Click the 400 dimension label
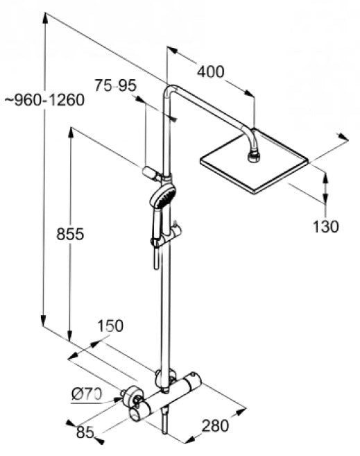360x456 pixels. pos(211,71)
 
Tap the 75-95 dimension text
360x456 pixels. pos(115,85)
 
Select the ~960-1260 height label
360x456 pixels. pos(44,100)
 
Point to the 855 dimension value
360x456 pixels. pos(70,234)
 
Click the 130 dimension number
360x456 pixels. pos(325,226)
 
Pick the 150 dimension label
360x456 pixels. pos(110,326)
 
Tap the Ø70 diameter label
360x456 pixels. pos(87,394)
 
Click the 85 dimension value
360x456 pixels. pos(85,432)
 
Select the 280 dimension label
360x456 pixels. pos(215,425)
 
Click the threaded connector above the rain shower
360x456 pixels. pos(254,156)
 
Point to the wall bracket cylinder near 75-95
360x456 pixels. pos(151,173)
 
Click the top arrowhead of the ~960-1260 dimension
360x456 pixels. pos(45,18)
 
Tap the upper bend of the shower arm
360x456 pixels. pos(171,88)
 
